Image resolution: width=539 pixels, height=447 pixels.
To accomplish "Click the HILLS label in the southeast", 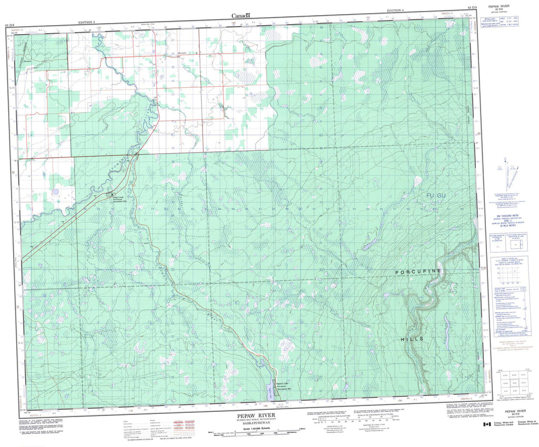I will click(x=411, y=339).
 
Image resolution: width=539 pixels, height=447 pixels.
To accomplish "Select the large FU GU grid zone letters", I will click(x=436, y=196).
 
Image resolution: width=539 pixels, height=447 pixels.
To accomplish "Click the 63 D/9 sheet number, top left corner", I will click(x=9, y=25).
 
